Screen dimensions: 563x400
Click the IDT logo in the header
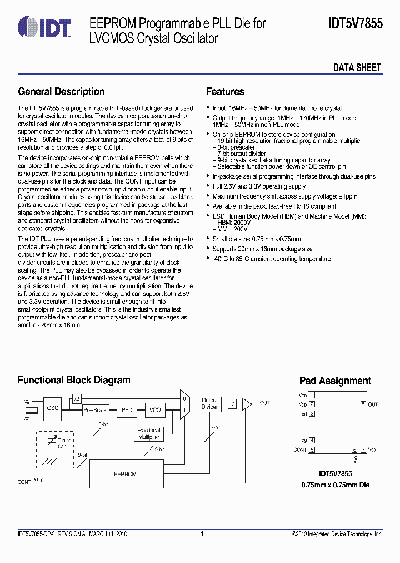(x=44, y=26)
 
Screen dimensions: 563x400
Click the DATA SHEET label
(x=357, y=68)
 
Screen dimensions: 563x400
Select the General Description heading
(x=61, y=92)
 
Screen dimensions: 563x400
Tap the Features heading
(x=225, y=92)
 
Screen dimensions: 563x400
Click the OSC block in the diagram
(x=53, y=408)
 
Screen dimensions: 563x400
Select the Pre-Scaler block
(x=96, y=410)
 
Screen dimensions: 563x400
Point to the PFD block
(x=126, y=410)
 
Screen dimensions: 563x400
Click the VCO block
(x=155, y=410)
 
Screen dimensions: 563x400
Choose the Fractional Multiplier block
(x=148, y=434)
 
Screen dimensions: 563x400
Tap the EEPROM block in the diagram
(x=125, y=474)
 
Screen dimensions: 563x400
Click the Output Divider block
(x=209, y=404)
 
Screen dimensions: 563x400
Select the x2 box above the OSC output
(x=77, y=398)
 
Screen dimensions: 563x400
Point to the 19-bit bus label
(x=157, y=449)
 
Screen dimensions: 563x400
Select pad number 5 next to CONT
(x=312, y=450)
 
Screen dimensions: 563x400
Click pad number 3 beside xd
(x=312, y=414)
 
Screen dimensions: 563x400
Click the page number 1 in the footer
(x=202, y=534)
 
